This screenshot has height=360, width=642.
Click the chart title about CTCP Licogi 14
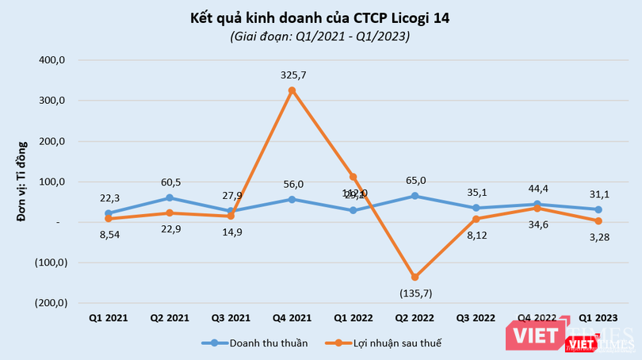[320, 17]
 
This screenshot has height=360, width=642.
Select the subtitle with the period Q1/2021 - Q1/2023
[320, 36]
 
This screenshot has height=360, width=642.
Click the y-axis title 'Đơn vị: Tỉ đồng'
[23, 181]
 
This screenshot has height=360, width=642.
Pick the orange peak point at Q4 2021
[292, 90]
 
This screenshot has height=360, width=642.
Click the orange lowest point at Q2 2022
[415, 277]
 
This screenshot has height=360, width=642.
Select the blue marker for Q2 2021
[169, 197]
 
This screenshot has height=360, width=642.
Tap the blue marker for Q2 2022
[415, 196]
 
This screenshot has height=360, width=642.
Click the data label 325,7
[293, 75]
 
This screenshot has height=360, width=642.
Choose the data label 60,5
[170, 182]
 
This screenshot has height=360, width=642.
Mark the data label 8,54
[109, 236]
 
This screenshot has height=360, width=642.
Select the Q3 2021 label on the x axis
[231, 317]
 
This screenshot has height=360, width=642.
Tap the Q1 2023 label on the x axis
[599, 317]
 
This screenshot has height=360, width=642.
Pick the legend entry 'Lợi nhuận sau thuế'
[401, 343]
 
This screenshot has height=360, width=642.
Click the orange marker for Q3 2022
[476, 219]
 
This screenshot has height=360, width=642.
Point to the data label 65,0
[416, 180]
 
